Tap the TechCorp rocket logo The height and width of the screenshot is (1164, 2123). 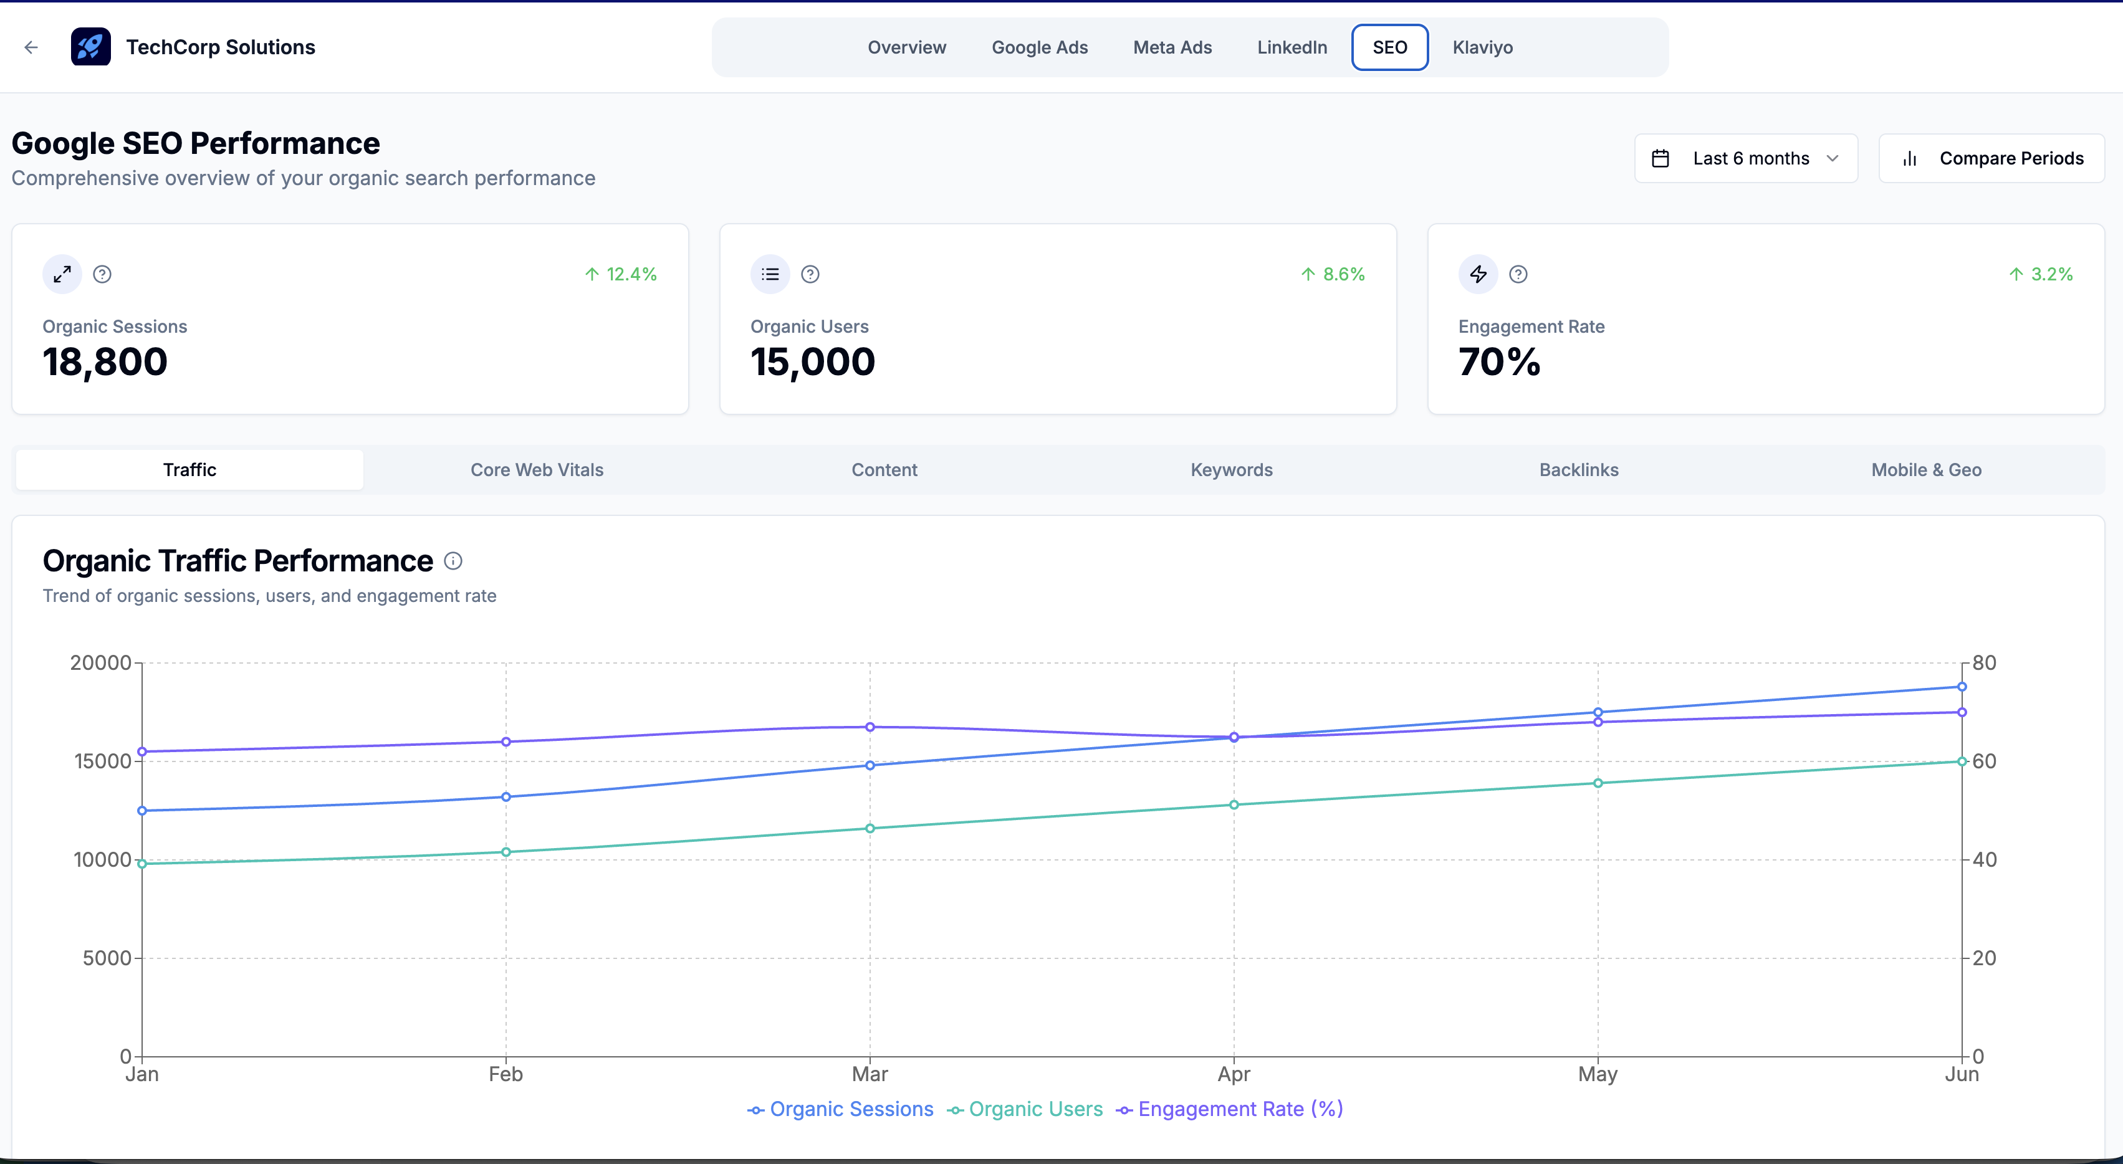tap(90, 47)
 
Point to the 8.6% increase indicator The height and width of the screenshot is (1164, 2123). tap(1333, 274)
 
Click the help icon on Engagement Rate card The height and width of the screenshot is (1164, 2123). tap(1518, 274)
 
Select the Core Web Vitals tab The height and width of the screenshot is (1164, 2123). tap(537, 470)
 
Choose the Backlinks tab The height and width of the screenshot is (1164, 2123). tap(1578, 470)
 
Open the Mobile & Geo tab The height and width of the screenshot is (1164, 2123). tap(1926, 470)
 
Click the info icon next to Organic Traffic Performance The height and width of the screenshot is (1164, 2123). tap(453, 561)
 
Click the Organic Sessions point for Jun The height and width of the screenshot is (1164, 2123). tap(1962, 686)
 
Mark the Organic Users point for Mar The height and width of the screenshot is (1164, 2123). tap(870, 829)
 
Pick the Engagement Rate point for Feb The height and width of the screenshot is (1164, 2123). tap(506, 742)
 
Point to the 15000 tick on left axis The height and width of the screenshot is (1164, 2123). tap(103, 761)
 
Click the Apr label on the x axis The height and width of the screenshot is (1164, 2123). tap(1234, 1074)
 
